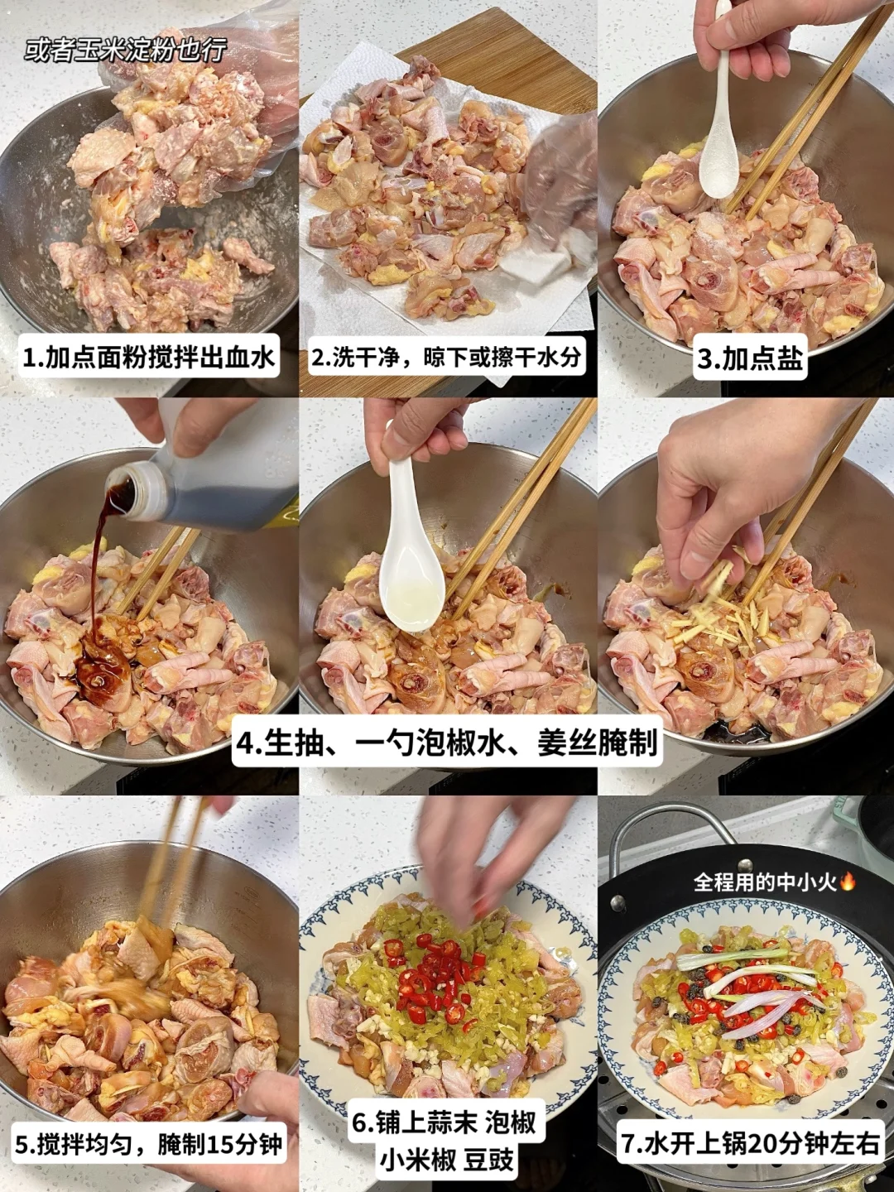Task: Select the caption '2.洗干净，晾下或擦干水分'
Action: [447, 358]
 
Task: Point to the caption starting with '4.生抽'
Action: [447, 743]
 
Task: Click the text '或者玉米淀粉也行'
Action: [125, 53]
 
